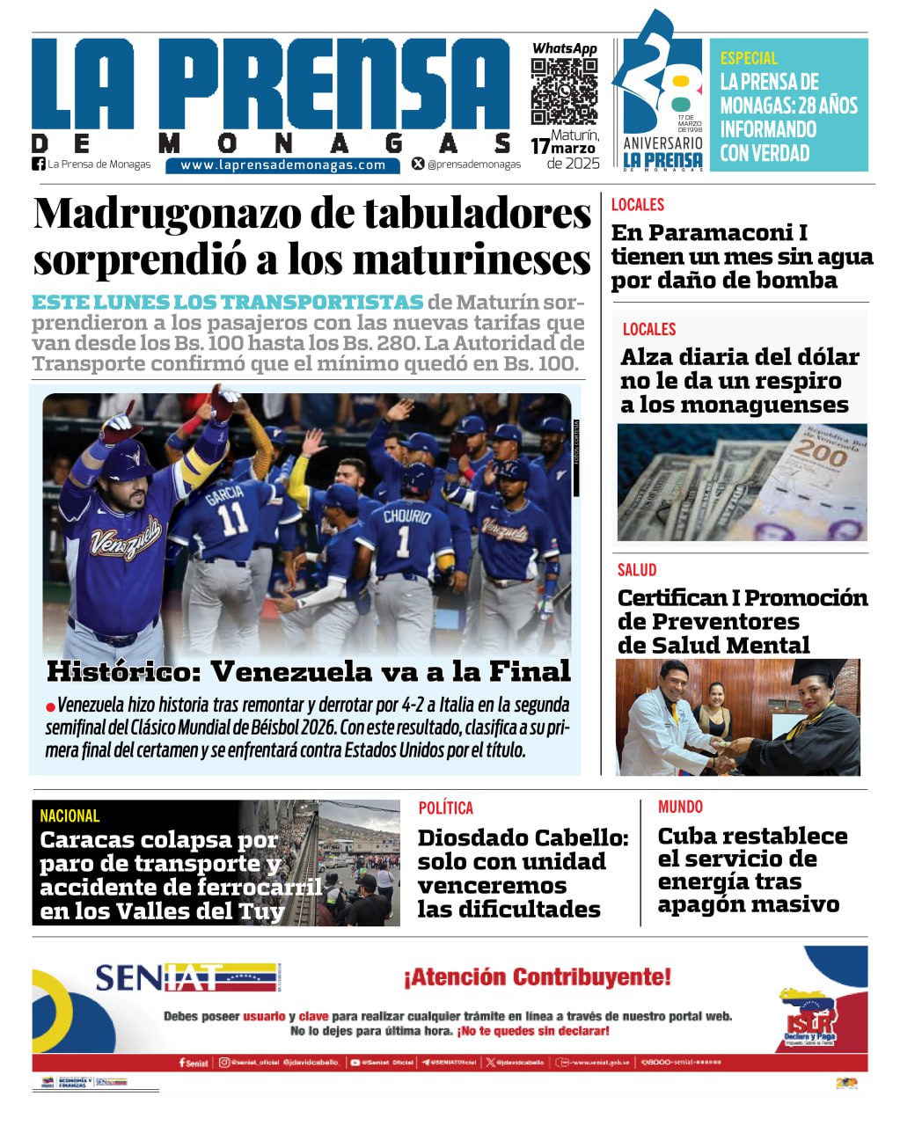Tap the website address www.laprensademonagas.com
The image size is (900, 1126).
pos(282,165)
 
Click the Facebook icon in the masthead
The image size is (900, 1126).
pos(39,164)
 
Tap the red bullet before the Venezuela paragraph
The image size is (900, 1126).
pos(50,706)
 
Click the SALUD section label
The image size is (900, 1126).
pos(636,570)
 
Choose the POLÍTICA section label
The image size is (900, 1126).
pos(445,808)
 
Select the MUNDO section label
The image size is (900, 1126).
pos(680,807)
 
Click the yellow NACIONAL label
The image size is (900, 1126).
pos(70,815)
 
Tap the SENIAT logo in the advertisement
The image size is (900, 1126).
pos(187,976)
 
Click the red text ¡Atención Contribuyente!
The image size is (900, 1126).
pos(537,976)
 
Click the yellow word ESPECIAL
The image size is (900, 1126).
pos(749,58)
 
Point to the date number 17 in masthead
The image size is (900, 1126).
pos(539,146)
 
